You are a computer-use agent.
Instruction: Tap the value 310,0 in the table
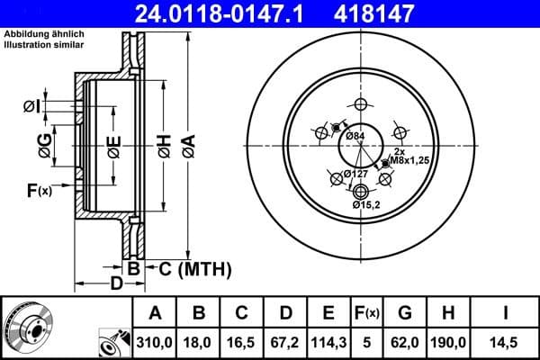click(155, 343)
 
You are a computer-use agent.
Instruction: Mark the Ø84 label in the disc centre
click(355, 136)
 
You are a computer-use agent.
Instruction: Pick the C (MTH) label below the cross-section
click(195, 268)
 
